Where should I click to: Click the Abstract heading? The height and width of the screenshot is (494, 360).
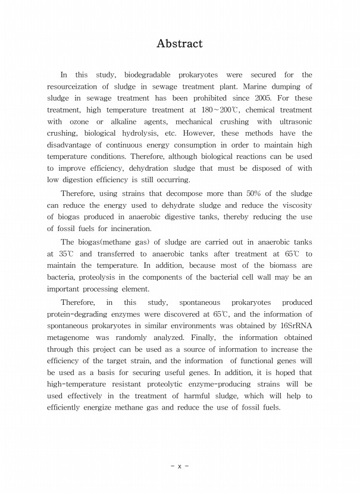click(179, 43)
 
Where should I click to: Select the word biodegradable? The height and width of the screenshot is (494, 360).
click(147, 75)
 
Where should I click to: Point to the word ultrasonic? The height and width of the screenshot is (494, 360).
click(293, 122)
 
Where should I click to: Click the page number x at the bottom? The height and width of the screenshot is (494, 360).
click(179, 467)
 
